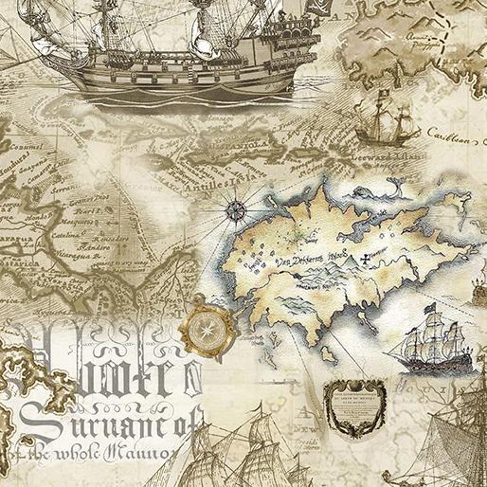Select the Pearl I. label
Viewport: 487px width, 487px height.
coord(83,211)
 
